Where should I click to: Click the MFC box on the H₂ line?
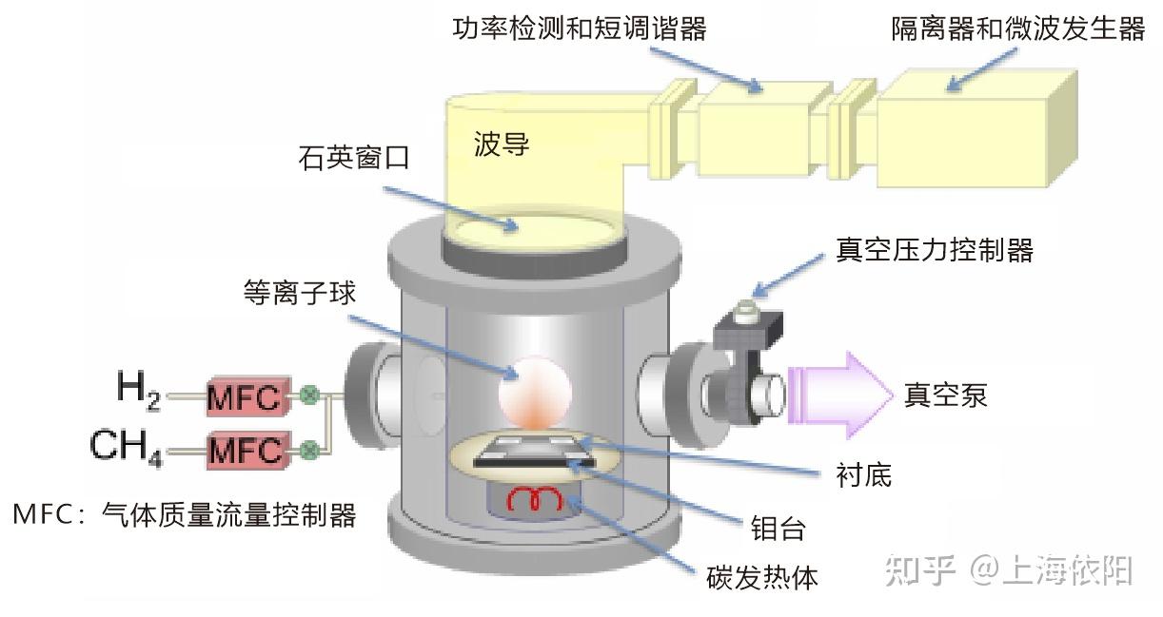coord(245,398)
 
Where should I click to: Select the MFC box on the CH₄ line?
coord(245,448)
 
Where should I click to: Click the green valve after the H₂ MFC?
coord(309,396)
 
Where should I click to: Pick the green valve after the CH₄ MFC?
coord(309,448)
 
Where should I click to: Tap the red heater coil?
coord(534,498)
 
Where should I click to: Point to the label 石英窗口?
coord(354,157)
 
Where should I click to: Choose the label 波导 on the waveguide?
coord(502,145)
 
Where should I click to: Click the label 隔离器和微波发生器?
coord(1017,29)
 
